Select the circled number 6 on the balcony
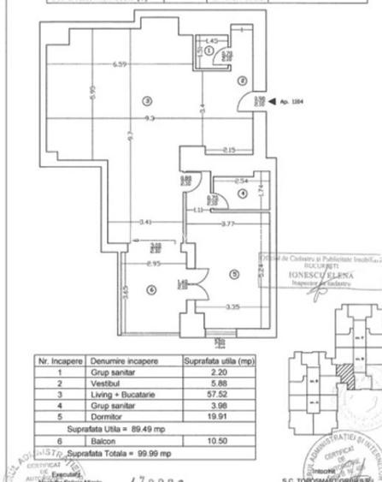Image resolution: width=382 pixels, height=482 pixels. [152, 289]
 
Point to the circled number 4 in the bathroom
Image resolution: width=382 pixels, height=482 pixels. [244, 195]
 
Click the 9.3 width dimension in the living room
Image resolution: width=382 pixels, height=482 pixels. [149, 117]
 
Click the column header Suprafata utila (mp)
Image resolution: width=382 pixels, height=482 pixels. [220, 362]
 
